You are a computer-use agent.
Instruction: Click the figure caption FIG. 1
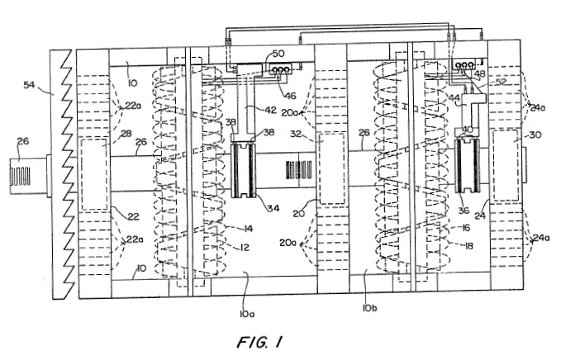click(259, 342)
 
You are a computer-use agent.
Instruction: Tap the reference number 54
click(31, 85)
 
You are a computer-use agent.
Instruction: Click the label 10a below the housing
click(247, 314)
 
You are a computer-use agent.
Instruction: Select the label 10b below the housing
click(369, 307)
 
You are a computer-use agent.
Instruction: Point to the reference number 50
click(278, 54)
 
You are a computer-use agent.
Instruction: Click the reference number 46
click(290, 96)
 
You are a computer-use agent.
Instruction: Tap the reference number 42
click(270, 109)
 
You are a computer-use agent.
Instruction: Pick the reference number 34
click(273, 208)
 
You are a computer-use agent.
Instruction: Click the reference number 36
click(464, 211)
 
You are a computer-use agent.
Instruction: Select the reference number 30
click(535, 135)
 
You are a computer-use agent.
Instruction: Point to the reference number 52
click(502, 82)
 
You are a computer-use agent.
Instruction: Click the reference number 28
click(126, 134)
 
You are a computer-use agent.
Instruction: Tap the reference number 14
click(248, 229)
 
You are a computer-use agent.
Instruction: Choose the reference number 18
click(468, 245)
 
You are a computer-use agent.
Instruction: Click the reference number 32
click(296, 134)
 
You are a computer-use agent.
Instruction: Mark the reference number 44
click(454, 97)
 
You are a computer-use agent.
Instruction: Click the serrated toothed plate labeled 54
click(64, 174)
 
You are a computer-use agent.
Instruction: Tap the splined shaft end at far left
click(21, 176)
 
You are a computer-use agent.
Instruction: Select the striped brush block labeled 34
click(243, 170)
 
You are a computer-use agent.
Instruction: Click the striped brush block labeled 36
click(467, 165)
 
